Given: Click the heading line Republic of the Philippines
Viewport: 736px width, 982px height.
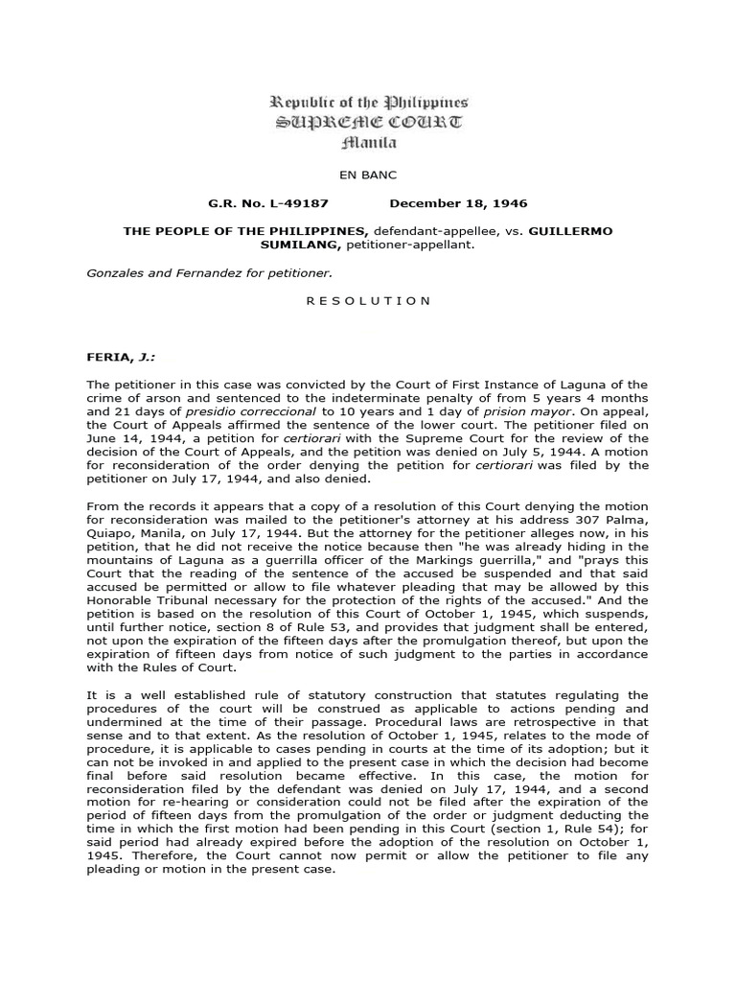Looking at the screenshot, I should click(368, 103).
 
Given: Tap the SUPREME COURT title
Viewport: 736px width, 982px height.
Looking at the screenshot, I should click(368, 123).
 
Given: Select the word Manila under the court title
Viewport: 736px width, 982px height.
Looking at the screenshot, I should click(368, 143).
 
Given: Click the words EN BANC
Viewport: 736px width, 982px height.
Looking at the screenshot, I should click(368, 176).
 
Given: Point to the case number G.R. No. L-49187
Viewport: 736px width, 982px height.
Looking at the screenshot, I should click(255, 204).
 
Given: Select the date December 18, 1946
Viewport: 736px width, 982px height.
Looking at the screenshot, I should click(458, 204).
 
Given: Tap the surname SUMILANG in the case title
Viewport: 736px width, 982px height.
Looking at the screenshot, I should click(289, 245).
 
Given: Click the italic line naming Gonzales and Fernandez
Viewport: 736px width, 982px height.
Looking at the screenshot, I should click(210, 272).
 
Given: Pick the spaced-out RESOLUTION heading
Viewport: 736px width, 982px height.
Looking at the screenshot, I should click(368, 300).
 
